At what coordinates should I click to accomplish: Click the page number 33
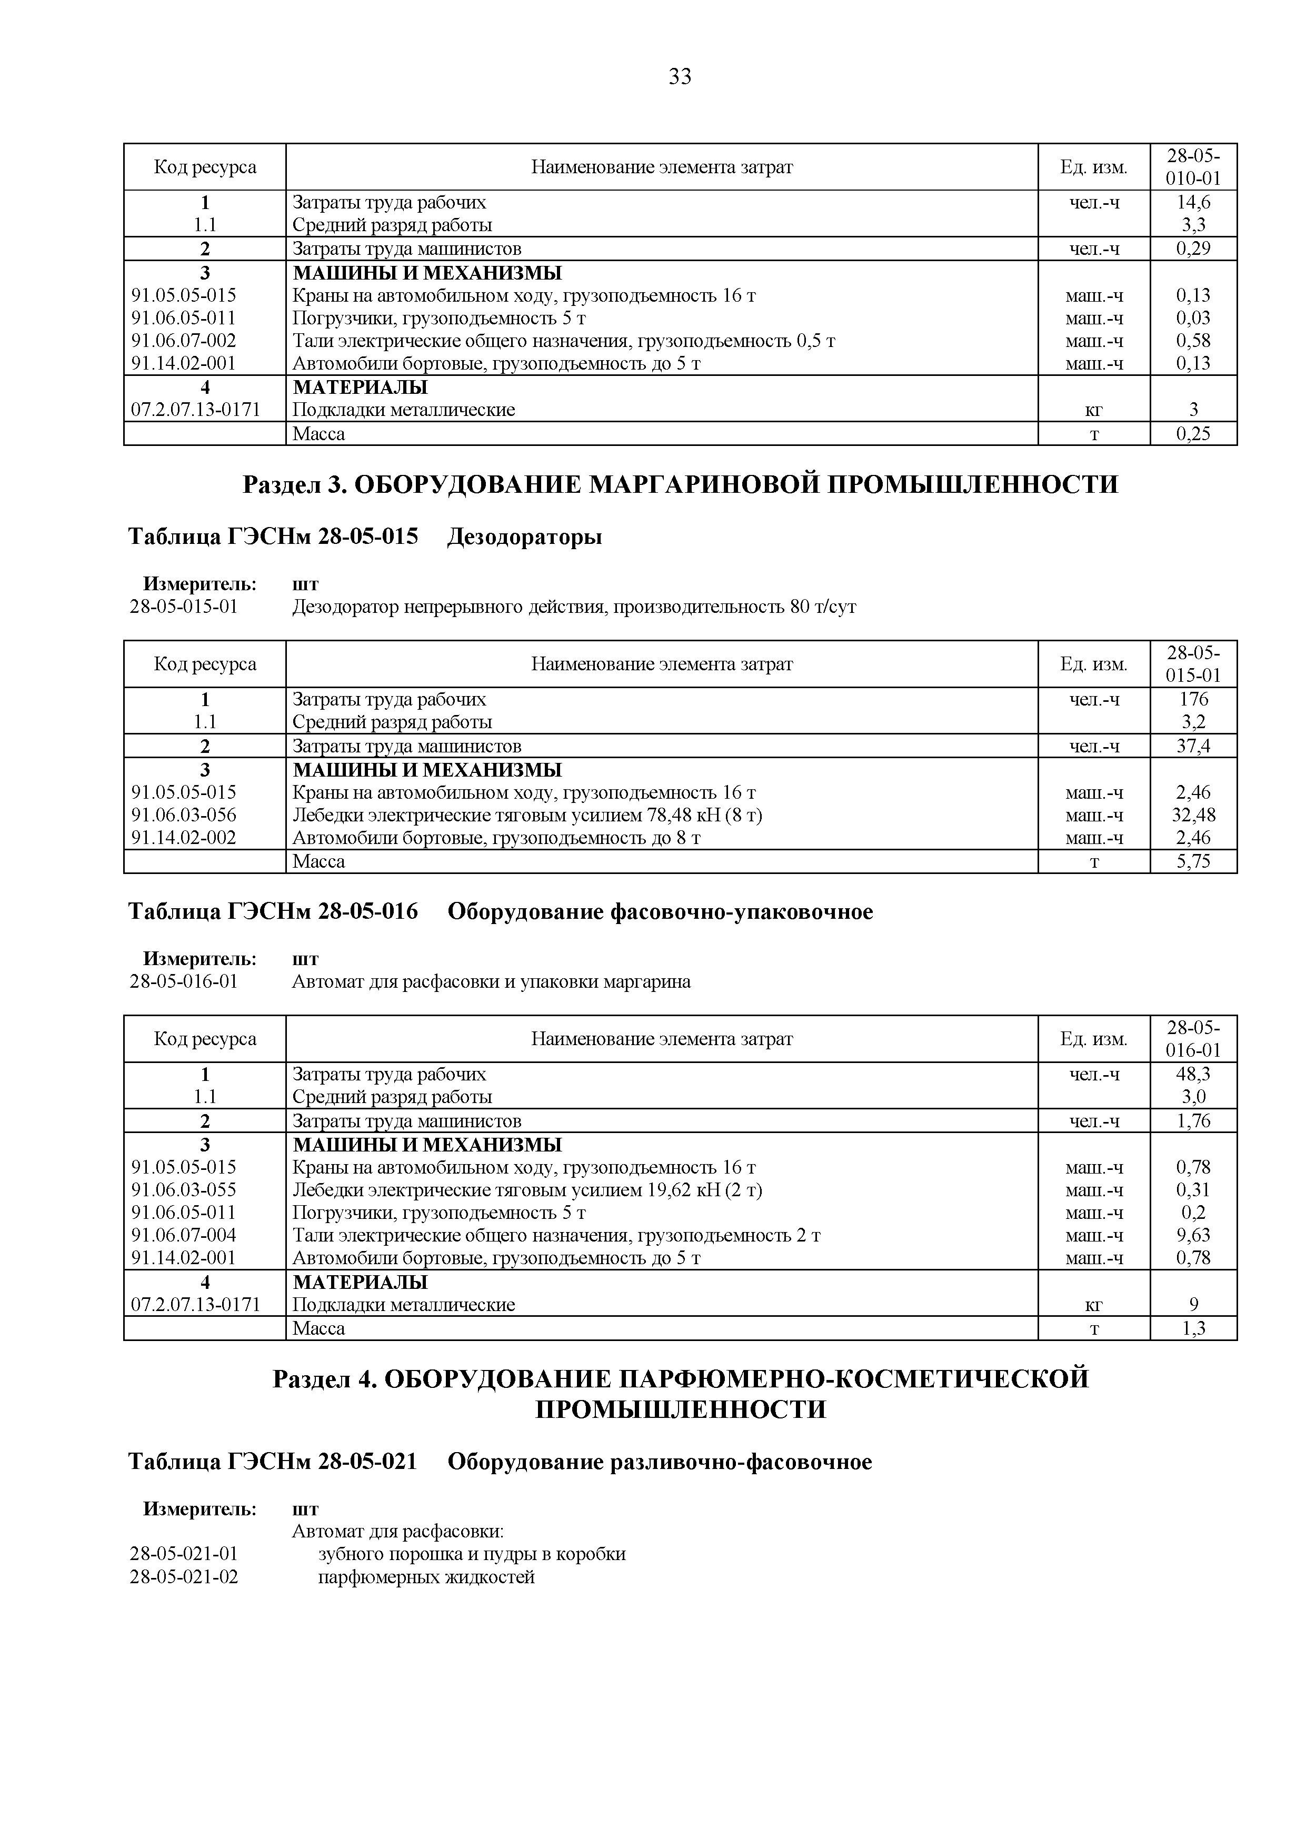coord(680,76)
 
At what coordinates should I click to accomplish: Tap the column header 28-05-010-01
coord(1193,166)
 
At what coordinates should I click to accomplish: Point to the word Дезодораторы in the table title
coord(524,537)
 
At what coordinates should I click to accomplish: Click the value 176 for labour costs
coord(1193,700)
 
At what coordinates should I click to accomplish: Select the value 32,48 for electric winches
coord(1193,816)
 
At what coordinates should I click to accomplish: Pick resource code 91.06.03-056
coord(184,816)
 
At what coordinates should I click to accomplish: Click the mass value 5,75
coord(1193,862)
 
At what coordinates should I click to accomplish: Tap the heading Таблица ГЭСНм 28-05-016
coord(273,912)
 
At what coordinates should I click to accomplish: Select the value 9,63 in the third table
coord(1193,1236)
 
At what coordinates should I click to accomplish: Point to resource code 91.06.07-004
coord(184,1236)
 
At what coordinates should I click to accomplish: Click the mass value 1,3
coord(1193,1329)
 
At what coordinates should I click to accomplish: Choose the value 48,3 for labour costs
coord(1193,1075)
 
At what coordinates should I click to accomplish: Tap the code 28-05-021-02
coord(184,1577)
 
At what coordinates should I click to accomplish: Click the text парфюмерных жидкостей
coord(426,1577)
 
